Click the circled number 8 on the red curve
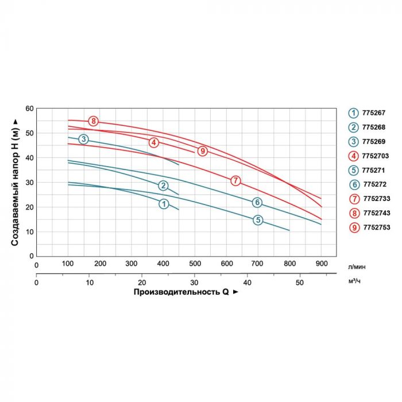pyautogui.click(x=94, y=121)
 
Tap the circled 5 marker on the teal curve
pyautogui.click(x=258, y=220)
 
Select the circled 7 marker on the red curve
pyautogui.click(x=235, y=180)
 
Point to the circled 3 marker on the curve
pyautogui.click(x=84, y=139)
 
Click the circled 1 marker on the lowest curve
pyautogui.click(x=164, y=204)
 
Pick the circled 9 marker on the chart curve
pyautogui.click(x=202, y=150)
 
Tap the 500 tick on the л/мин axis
pyautogui.click(x=195, y=264)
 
